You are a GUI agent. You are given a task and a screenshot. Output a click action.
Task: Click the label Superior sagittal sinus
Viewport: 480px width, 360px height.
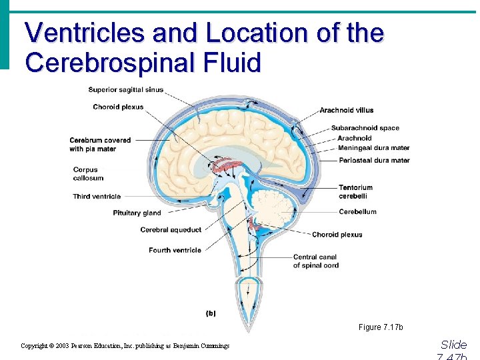pyautogui.click(x=125, y=90)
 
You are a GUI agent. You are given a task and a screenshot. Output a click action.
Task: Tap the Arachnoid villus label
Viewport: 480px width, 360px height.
pyautogui.click(x=346, y=110)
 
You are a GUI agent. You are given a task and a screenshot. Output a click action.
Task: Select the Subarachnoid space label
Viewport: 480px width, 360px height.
pyautogui.click(x=365, y=128)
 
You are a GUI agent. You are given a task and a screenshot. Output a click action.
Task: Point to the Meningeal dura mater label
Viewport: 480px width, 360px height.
pyautogui.click(x=373, y=147)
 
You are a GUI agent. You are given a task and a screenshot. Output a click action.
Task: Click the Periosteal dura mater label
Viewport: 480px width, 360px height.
pyautogui.click(x=374, y=160)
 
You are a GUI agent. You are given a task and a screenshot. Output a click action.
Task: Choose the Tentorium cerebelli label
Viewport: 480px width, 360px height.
pyautogui.click(x=355, y=192)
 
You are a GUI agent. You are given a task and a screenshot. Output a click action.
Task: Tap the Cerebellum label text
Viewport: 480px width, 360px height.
pyautogui.click(x=357, y=212)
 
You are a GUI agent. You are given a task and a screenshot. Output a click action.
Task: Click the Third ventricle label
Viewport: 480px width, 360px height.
pyautogui.click(x=97, y=197)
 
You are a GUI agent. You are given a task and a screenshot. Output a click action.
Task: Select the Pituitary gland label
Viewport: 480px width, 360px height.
pyautogui.click(x=137, y=213)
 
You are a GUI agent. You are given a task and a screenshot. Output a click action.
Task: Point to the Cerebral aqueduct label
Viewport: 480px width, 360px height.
pyautogui.click(x=171, y=230)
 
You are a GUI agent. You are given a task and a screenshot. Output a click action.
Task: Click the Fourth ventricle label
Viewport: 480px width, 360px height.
pyautogui.click(x=175, y=251)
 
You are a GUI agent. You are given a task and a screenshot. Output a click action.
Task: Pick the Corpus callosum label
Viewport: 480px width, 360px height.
pyautogui.click(x=89, y=174)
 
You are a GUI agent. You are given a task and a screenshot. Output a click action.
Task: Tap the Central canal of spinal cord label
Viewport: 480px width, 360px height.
pyautogui.click(x=315, y=261)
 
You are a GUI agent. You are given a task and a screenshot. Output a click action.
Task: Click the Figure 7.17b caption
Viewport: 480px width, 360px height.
pyautogui.click(x=381, y=327)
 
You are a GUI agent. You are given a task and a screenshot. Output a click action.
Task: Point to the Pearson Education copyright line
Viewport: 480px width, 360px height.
pyautogui.click(x=125, y=346)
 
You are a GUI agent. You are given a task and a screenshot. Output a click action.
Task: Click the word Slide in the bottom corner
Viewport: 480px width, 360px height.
pyautogui.click(x=453, y=345)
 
